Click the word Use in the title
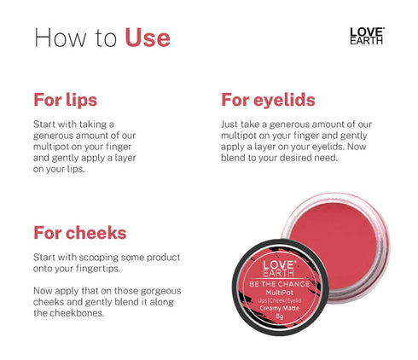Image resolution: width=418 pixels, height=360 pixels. click(148, 38)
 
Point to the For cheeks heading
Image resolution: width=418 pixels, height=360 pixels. click(80, 233)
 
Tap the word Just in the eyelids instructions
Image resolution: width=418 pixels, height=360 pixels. click(230, 124)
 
